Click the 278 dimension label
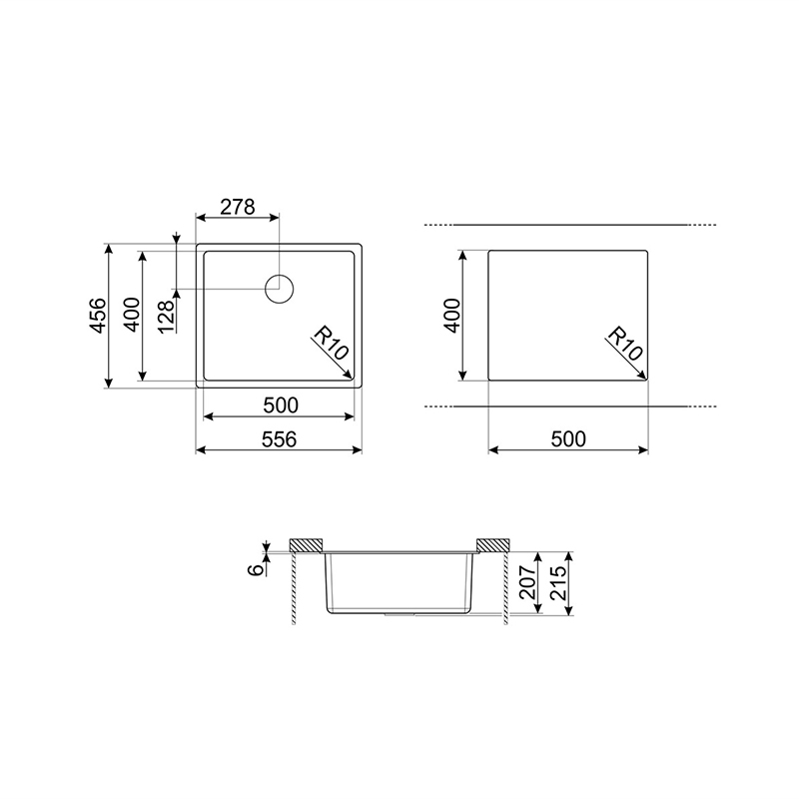tap(238, 207)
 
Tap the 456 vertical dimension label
tap(98, 316)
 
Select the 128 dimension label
tap(167, 316)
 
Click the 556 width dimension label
tap(279, 438)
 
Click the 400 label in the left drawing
tap(132, 315)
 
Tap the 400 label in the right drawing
tap(452, 316)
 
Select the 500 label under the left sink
tap(281, 405)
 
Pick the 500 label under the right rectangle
tap(568, 438)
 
